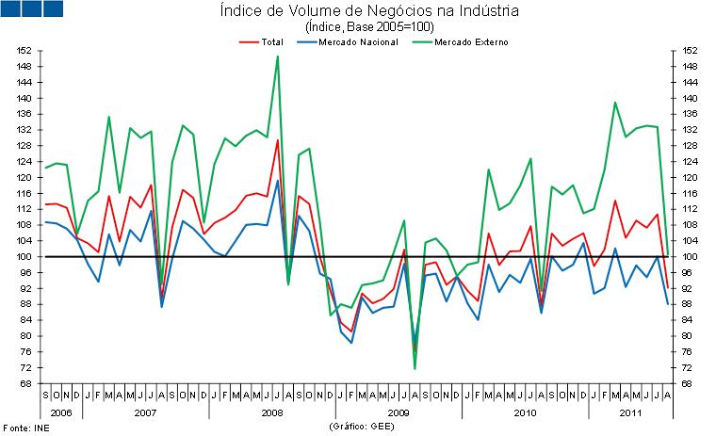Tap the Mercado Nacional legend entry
[353, 41]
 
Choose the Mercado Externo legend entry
[463, 41]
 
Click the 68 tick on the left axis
[28, 382]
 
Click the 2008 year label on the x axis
[272, 412]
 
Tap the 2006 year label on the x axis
[59, 412]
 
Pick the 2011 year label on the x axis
[631, 412]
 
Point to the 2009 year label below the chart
[399, 412]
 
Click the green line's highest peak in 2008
[277, 57]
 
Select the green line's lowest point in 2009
[415, 368]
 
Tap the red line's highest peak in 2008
[277, 140]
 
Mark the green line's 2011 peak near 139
[615, 102]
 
